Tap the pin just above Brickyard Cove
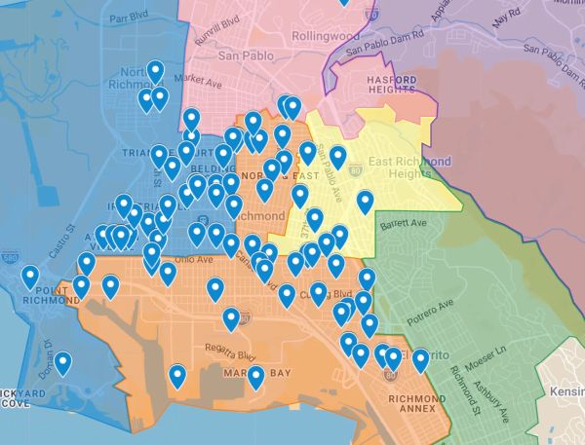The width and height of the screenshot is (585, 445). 63,363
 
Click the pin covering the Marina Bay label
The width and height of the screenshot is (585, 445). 255,376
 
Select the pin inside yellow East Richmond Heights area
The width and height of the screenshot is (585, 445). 365,202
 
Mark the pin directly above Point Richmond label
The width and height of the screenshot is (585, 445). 30,277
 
